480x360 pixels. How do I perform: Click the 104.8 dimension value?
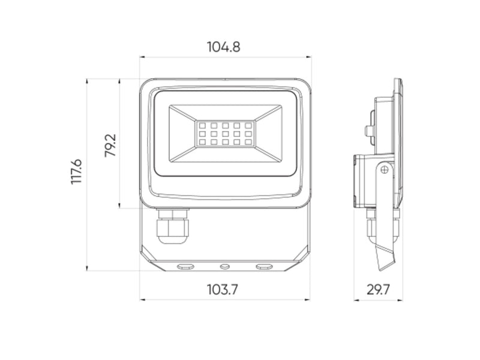[224, 47]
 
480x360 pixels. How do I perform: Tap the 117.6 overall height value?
[76, 172]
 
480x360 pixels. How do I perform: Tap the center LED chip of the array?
[225, 134]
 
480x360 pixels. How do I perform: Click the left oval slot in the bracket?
[186, 265]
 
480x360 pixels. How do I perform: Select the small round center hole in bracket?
[225, 265]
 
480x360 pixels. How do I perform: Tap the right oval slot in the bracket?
[264, 265]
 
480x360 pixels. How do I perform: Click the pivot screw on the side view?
[384, 170]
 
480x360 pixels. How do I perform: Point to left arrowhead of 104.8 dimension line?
[142, 58]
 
